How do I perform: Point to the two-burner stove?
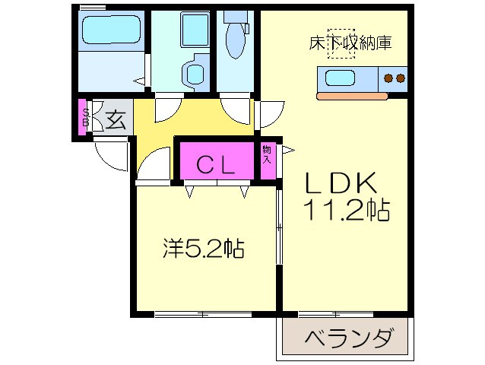click(x=394, y=77)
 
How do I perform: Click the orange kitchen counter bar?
click(x=361, y=97)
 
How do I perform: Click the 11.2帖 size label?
click(x=348, y=210)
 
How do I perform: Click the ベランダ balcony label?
click(x=350, y=337)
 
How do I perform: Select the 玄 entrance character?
click(x=115, y=119)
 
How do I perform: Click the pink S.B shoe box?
click(x=85, y=119)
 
